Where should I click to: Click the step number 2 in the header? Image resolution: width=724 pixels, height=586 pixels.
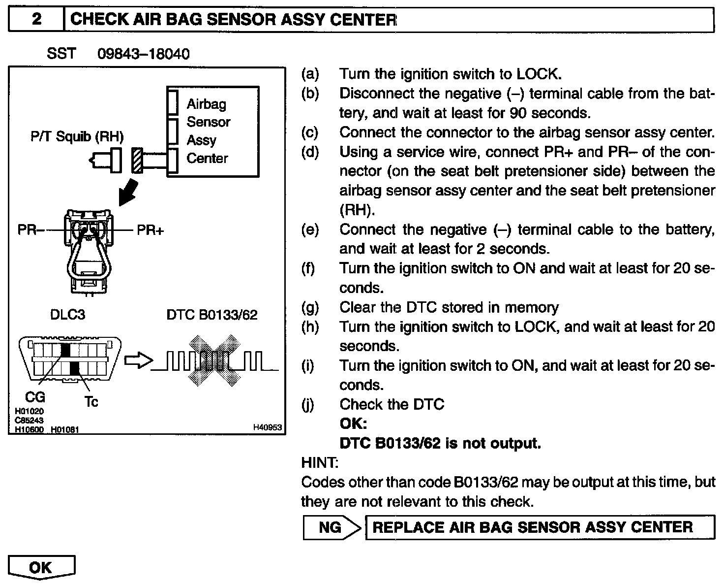36,20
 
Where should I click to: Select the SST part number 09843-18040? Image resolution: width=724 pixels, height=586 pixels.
144,54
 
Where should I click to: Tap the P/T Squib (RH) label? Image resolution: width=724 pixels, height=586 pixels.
77,136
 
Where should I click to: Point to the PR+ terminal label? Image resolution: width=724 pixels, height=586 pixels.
150,229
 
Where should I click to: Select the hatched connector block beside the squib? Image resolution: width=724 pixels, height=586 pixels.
137,161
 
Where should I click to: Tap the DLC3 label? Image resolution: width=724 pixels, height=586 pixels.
67,315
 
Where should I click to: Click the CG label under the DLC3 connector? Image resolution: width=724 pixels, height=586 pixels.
34,397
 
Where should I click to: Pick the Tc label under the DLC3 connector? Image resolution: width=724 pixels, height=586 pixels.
91,402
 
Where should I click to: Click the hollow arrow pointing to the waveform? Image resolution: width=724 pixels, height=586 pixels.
138,361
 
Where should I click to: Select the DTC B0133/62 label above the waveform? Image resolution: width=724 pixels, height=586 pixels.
212,315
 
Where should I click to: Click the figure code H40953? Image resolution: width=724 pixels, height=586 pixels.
268,427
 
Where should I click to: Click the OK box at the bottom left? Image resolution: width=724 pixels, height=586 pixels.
41,567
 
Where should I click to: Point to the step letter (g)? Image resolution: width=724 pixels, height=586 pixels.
310,307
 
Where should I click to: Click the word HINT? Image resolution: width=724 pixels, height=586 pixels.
319,463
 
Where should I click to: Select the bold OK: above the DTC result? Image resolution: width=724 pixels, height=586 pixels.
353,424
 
